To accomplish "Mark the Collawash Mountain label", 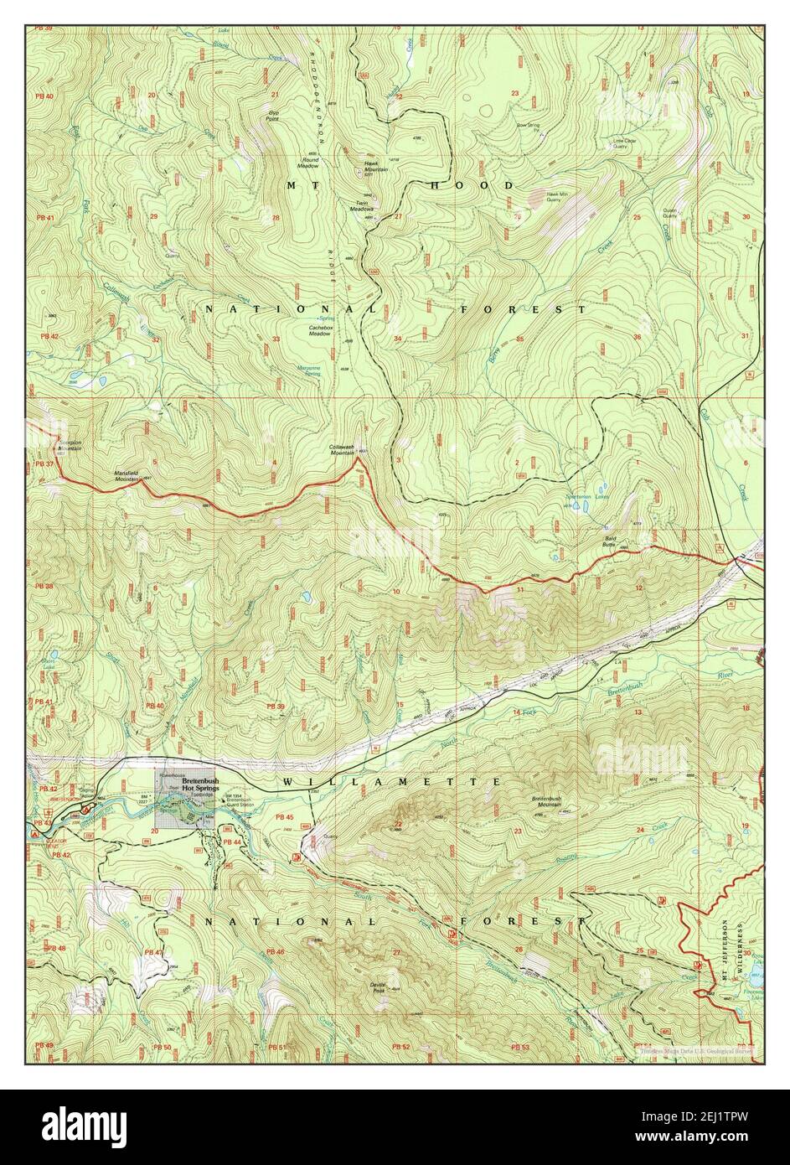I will tap(342, 449).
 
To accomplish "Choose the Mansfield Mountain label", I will tap(131, 475).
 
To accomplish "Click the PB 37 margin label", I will tap(44, 464).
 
